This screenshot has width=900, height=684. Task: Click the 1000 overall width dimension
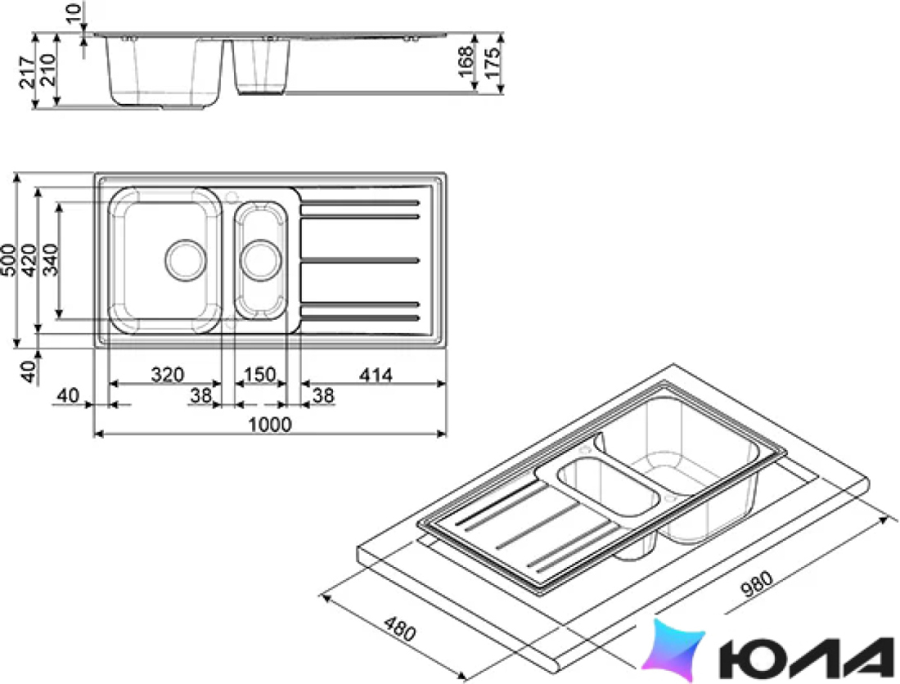pyautogui.click(x=270, y=425)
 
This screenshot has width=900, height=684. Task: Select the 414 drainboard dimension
pyautogui.click(x=376, y=375)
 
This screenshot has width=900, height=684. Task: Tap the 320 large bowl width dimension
pyautogui.click(x=168, y=375)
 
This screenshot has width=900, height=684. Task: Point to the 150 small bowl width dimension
pyautogui.click(x=260, y=375)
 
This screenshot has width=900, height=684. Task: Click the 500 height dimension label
pyautogui.click(x=9, y=260)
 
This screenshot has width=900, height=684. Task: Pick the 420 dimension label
pyautogui.click(x=29, y=260)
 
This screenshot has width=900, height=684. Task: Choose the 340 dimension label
pyautogui.click(x=50, y=260)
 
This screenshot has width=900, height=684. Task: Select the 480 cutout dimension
pyautogui.click(x=399, y=628)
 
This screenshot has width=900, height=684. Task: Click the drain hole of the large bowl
pyautogui.click(x=186, y=260)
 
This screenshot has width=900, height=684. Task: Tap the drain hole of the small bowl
pyautogui.click(x=260, y=260)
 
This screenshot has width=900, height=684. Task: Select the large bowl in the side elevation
pyautogui.click(x=164, y=72)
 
